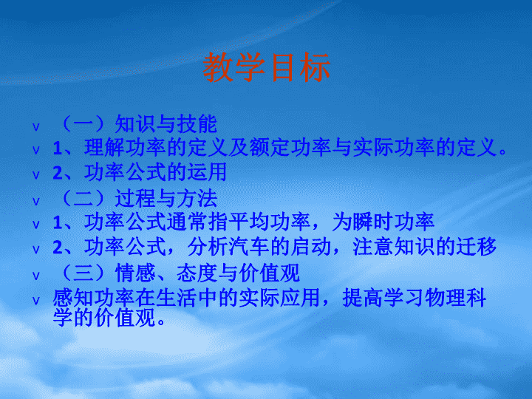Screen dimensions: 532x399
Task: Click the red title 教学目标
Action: coord(266,67)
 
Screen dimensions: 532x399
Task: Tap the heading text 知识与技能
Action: coord(166,124)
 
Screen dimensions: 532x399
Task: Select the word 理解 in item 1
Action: coord(105,148)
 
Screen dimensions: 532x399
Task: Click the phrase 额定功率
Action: coord(290,148)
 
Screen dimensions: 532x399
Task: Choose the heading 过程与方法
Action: coord(166,198)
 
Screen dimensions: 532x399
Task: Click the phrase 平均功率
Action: coord(270,222)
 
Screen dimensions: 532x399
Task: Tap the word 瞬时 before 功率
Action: coord(372,222)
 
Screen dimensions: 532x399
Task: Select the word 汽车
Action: coord(249,247)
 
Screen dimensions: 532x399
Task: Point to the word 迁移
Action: coord(477,247)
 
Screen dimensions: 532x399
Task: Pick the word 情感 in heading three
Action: coord(135,273)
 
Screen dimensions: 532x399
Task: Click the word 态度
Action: coord(197,273)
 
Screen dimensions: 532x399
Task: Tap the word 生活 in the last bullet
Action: coord(177,298)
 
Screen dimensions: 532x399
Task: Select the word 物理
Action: coord(445,298)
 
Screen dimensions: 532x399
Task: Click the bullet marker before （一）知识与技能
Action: coord(36,127)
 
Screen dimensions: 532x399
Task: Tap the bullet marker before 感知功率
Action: coord(36,301)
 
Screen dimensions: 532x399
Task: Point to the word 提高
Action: coord(363,298)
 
